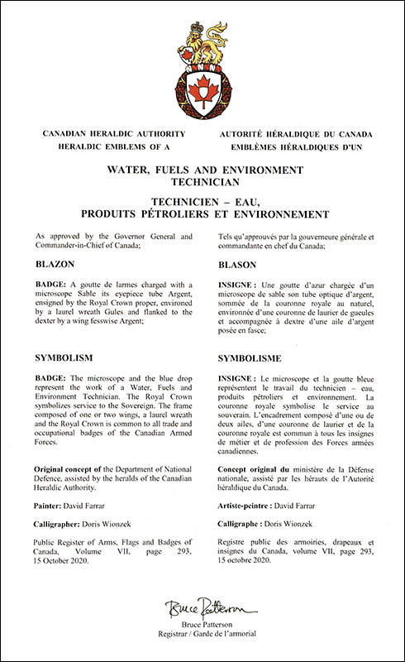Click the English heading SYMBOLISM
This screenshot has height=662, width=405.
[x=63, y=357]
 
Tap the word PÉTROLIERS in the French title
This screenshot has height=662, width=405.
[x=196, y=215]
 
